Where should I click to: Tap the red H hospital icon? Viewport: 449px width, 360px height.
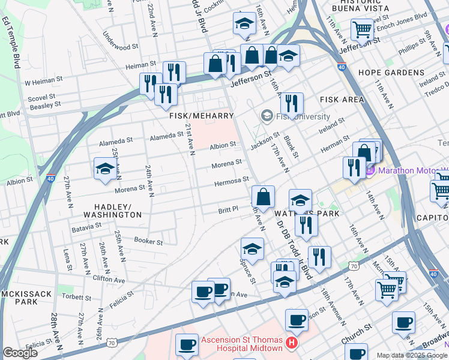coord(291,343)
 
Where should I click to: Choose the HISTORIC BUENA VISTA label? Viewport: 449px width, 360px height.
coord(359,8)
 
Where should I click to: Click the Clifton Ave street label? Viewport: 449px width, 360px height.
coord(109,280)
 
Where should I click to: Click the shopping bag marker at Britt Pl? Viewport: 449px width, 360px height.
coord(263,196)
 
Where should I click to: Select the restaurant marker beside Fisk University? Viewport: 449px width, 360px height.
coord(291,104)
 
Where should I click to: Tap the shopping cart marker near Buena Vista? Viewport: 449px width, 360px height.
coord(362,29)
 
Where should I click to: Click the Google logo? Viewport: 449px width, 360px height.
coord(20,353)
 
